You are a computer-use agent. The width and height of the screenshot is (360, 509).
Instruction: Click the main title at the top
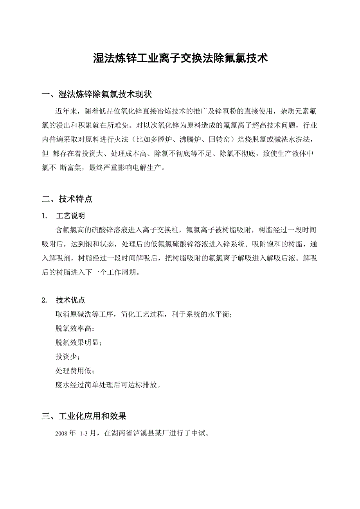[180, 59]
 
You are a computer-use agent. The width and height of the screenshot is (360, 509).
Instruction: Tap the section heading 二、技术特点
[67, 199]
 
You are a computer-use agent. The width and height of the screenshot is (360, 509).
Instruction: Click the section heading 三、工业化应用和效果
[84, 417]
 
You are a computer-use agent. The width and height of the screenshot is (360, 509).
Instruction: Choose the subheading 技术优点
[70, 300]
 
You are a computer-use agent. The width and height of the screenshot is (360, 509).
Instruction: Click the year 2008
[62, 434]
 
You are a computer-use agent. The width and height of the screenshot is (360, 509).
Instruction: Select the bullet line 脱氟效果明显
[78, 343]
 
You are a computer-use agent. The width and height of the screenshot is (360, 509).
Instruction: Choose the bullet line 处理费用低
[75, 371]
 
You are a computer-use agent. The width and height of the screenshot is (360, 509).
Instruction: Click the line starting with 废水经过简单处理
[108, 385]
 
